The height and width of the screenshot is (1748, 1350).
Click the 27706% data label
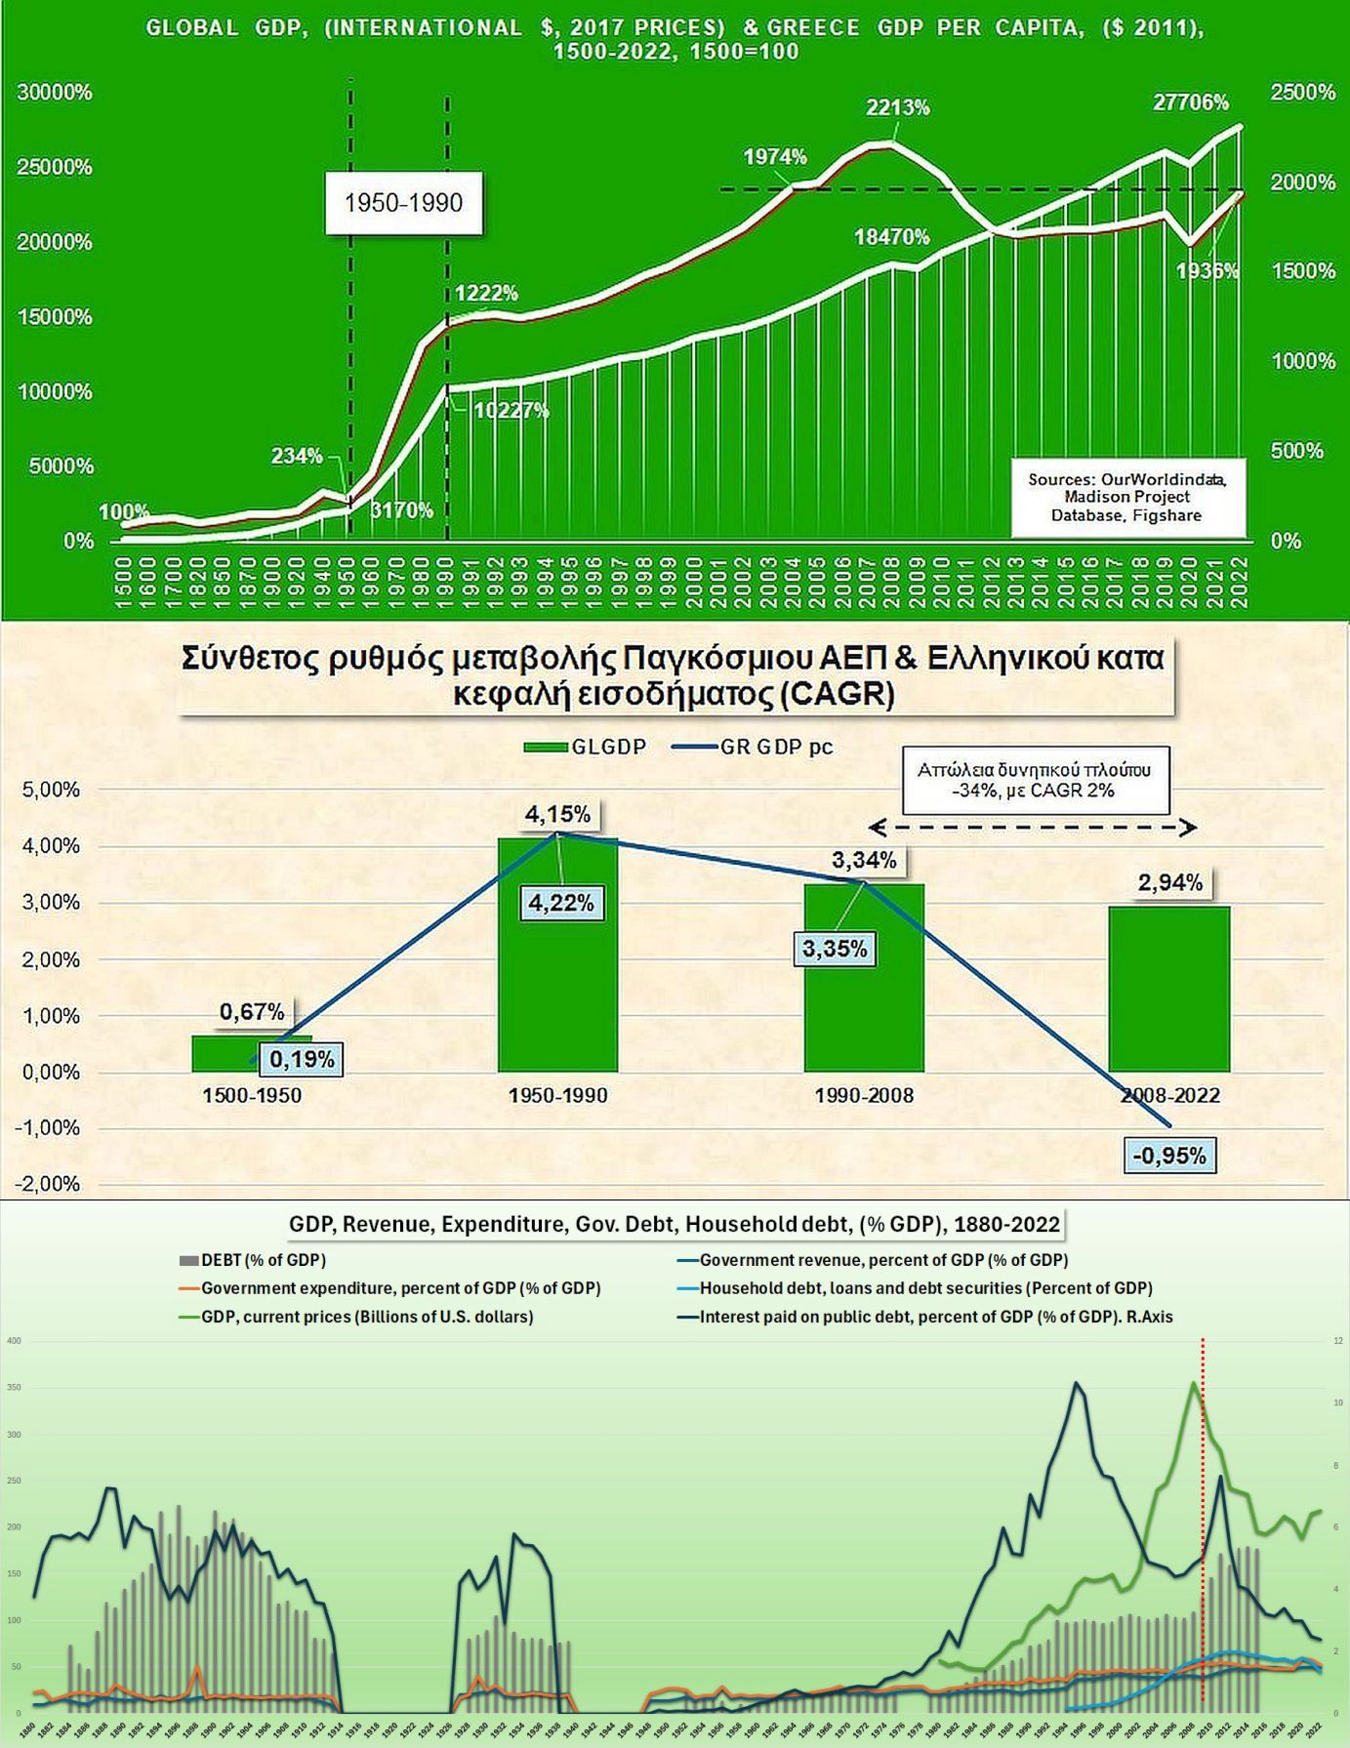click(x=1190, y=102)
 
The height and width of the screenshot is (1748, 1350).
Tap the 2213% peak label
click(x=897, y=107)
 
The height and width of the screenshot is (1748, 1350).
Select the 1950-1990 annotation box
click(x=403, y=203)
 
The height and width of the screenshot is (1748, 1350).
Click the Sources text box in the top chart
click(x=1127, y=498)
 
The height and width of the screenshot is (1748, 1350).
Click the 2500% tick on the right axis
click(x=1302, y=92)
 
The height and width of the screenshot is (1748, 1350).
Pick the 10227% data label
click(x=511, y=411)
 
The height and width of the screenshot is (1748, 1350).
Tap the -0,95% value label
click(x=1169, y=1156)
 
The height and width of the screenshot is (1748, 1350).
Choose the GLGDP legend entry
click(x=586, y=748)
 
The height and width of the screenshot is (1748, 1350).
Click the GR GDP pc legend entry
click(x=754, y=748)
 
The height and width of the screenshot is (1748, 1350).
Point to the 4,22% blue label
click(x=561, y=903)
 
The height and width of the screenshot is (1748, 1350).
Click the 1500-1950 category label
click(x=252, y=1095)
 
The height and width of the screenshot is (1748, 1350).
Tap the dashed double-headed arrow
click(x=1032, y=828)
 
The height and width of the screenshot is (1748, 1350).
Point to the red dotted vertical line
click(x=1202, y=1523)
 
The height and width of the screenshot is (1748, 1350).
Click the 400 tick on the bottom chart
click(x=14, y=1341)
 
